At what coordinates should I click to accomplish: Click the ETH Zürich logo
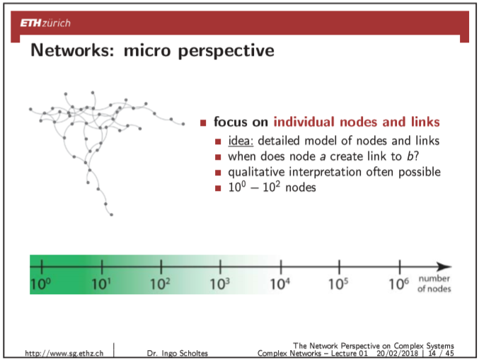click(x=46, y=23)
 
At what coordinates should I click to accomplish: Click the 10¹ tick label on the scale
click(x=102, y=284)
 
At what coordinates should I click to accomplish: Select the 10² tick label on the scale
click(x=161, y=284)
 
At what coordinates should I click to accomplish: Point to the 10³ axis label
click(x=221, y=284)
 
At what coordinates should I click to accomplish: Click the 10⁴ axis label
click(x=281, y=284)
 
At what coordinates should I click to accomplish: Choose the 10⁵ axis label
click(x=340, y=284)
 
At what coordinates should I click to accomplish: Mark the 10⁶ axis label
click(x=400, y=284)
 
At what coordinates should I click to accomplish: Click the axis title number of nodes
click(x=434, y=284)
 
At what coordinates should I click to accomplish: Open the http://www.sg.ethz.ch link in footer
click(x=64, y=352)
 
